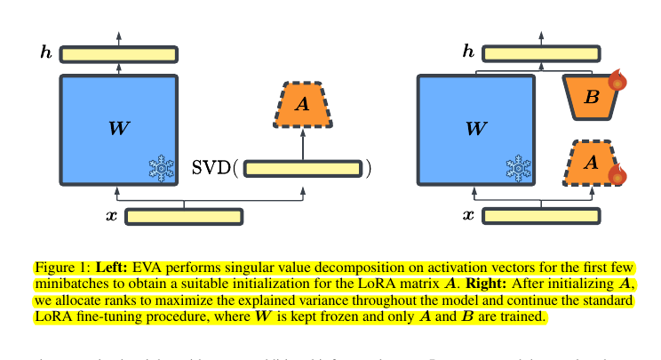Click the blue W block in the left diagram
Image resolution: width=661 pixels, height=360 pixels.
118,130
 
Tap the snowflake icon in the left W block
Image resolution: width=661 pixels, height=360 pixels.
161,168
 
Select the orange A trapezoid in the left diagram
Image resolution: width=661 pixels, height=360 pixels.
303,105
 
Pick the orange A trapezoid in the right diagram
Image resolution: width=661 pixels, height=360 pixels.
592,163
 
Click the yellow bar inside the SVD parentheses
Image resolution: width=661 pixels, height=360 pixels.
303,168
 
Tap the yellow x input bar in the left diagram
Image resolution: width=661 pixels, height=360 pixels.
184,216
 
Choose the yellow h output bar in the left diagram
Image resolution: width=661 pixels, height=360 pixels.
118,54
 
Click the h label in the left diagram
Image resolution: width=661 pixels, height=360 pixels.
46,54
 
